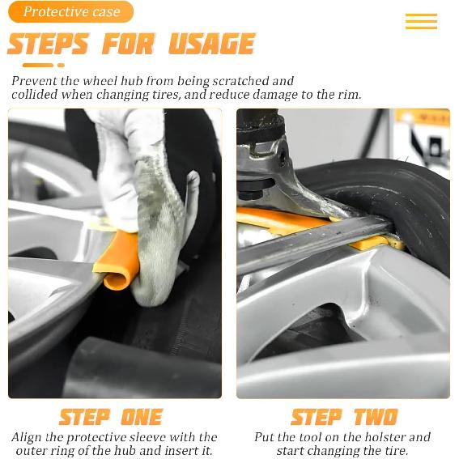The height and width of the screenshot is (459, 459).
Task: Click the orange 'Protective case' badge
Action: point(71,11)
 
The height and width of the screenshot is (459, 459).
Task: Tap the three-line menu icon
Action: point(421,21)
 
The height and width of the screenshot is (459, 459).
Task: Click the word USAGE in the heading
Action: point(211,44)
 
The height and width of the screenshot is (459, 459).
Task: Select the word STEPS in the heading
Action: point(48,44)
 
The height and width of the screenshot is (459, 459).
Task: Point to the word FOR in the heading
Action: point(129,44)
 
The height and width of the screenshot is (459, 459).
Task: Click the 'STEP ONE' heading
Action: point(110,417)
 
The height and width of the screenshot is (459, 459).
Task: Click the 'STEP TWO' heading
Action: point(344,417)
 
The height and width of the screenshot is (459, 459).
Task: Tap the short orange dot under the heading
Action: point(61,66)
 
